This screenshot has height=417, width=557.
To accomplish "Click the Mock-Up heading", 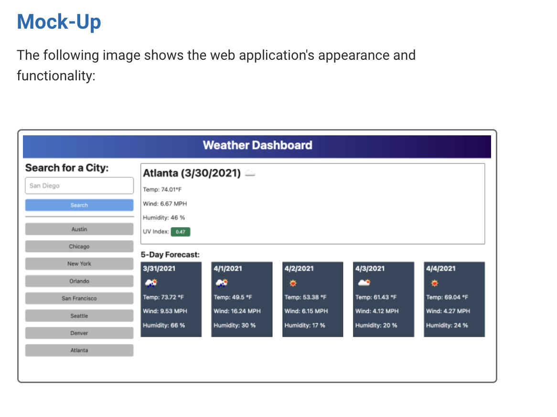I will click(59, 22).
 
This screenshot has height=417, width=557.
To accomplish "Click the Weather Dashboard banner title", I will click(257, 145).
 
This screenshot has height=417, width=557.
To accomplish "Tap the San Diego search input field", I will click(79, 186).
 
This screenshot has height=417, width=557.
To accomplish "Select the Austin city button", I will click(79, 229).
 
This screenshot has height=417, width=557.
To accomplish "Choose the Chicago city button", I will click(79, 246).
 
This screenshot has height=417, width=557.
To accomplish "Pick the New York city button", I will click(79, 263).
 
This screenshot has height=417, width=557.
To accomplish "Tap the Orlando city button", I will click(79, 281).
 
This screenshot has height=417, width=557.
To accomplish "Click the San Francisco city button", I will click(79, 298).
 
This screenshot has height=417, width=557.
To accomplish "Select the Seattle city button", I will click(79, 316).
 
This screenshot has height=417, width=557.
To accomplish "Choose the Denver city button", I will click(79, 333).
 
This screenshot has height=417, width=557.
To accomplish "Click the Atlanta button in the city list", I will click(79, 350).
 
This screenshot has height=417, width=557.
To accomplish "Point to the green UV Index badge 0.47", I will click(181, 232).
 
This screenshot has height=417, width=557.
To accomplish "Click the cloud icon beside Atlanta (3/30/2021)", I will click(250, 174).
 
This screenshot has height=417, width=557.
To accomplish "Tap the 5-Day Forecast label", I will click(170, 255).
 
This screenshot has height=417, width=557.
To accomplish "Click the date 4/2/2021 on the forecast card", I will click(299, 268).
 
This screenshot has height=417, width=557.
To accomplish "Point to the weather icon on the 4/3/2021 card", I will click(364, 283).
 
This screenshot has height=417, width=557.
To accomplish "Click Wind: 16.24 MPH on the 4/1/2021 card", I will click(237, 311).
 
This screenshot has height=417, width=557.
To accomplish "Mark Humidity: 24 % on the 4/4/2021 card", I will click(447, 325).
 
